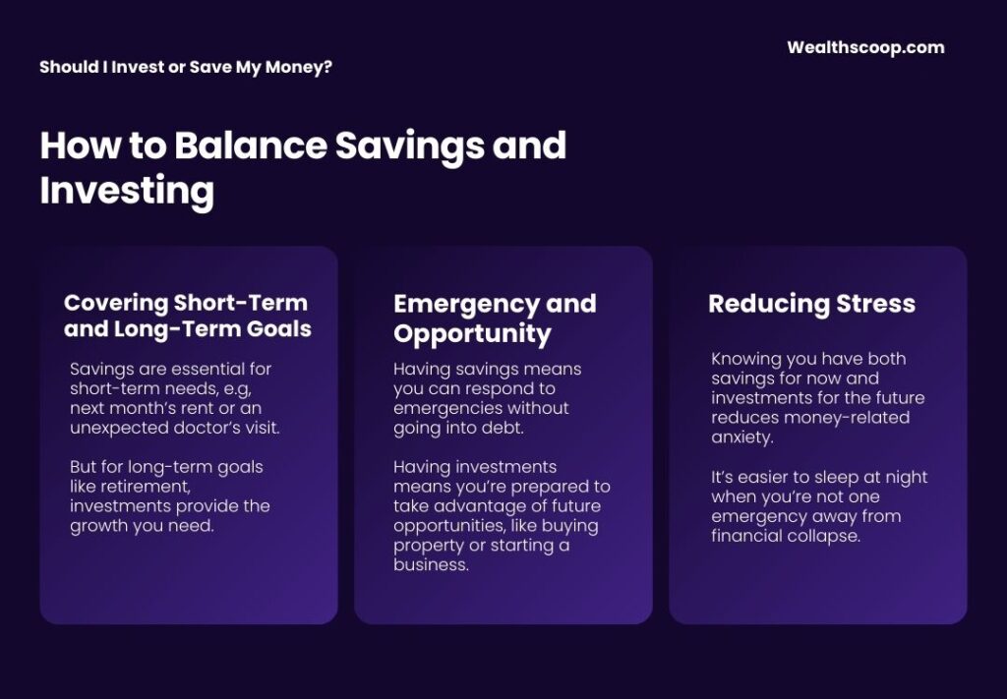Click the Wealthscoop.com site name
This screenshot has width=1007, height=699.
point(865,47)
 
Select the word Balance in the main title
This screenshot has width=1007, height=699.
point(251,145)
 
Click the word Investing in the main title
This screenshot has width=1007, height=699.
point(127,191)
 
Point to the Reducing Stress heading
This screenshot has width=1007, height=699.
point(811,304)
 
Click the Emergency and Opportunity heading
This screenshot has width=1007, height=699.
point(495,319)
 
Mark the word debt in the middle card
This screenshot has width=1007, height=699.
point(504,428)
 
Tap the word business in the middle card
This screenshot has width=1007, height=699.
point(431,565)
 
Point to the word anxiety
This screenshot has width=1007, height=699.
point(742,437)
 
